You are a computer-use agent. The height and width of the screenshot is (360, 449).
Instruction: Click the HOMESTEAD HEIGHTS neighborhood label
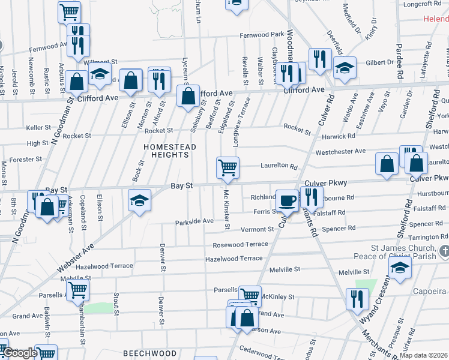(166, 150)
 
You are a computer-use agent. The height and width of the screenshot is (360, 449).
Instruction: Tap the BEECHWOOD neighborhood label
(141, 354)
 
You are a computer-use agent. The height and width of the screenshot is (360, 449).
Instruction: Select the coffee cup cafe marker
(288, 200)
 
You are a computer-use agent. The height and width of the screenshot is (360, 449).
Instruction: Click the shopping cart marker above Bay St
(228, 167)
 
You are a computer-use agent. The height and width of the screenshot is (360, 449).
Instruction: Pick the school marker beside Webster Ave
(139, 200)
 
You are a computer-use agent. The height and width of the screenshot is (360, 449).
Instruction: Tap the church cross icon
(444, 250)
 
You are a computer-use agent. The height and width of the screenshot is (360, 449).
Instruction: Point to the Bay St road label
(181, 186)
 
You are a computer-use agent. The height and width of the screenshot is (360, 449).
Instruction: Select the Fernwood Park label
(261, 35)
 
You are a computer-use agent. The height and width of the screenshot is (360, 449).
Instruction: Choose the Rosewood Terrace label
(240, 245)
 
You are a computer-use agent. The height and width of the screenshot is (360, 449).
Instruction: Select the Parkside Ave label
(194, 221)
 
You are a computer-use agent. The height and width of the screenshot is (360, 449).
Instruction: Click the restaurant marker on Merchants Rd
(357, 299)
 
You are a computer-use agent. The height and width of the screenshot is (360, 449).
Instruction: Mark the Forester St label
(25, 160)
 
